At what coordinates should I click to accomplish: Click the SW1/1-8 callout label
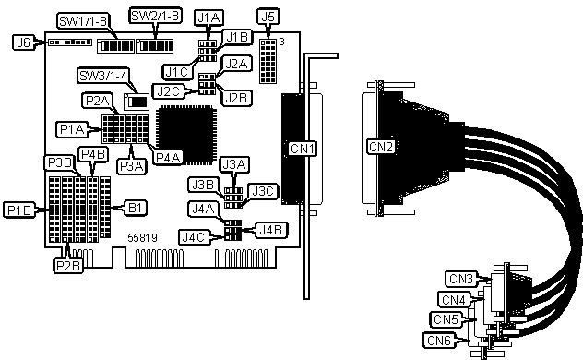click(x=83, y=21)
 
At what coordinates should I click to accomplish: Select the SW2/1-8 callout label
click(x=155, y=16)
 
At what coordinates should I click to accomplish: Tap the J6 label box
click(x=23, y=42)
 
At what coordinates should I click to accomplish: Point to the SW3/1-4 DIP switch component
click(x=137, y=102)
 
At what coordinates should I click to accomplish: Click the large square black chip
click(x=186, y=135)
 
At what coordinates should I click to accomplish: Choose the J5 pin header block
click(x=268, y=61)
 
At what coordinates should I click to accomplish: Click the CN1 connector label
click(x=303, y=149)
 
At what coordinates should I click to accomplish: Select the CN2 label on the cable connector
click(x=381, y=147)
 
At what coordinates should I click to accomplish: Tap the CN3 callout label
click(x=461, y=279)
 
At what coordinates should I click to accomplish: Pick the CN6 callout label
click(x=439, y=340)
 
